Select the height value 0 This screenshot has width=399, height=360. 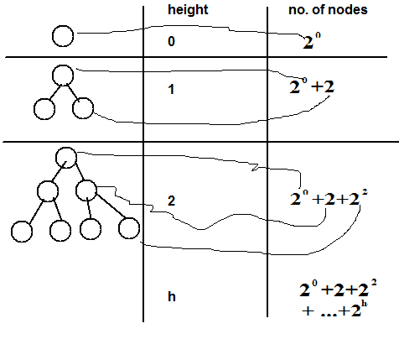(x=171, y=40)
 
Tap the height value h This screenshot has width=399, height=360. (x=172, y=295)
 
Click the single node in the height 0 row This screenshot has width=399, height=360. (x=63, y=36)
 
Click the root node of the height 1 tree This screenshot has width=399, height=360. (x=62, y=75)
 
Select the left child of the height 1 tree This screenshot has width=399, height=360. (x=43, y=108)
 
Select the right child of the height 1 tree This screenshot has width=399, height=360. (x=81, y=107)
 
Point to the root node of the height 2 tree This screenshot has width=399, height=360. (x=67, y=156)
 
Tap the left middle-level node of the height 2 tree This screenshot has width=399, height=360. (x=46, y=190)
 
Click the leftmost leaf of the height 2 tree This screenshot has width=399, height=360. (x=21, y=227)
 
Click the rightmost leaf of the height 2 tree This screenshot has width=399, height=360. (x=127, y=227)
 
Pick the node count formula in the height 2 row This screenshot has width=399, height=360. (x=329, y=198)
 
